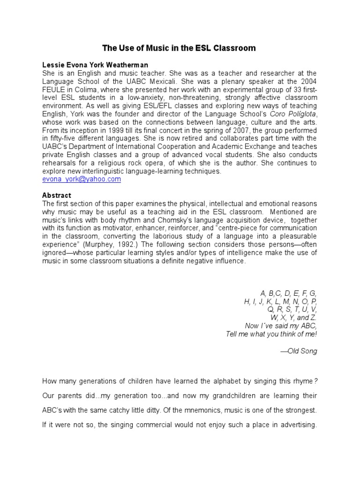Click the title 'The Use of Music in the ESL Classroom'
(180, 48)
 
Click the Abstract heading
(57, 195)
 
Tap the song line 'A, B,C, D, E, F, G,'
(292, 293)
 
